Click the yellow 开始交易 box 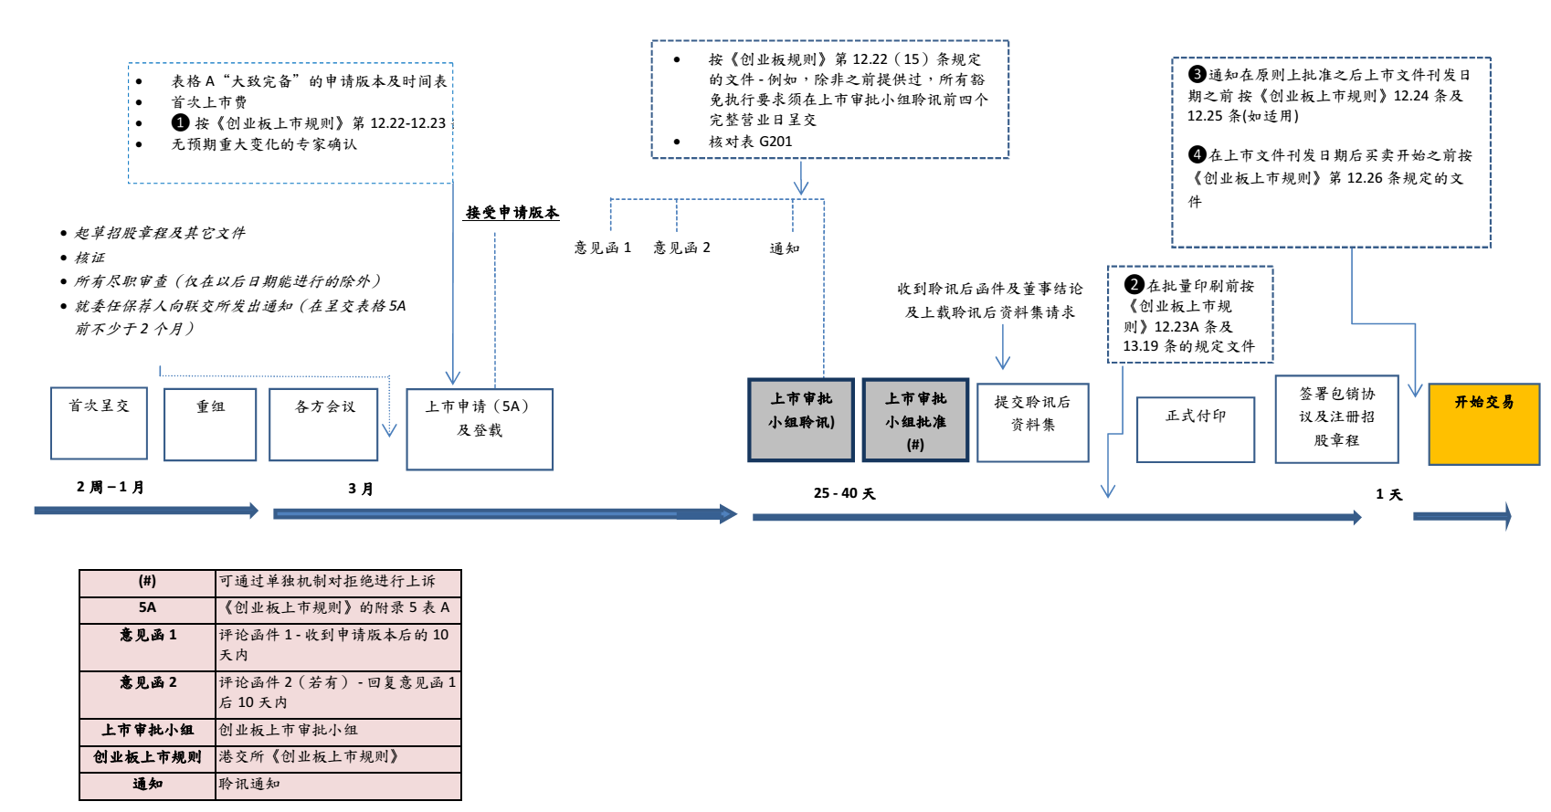[x=1483, y=424]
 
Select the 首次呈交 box [x=99, y=423]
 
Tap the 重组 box [x=210, y=425]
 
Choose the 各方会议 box [x=323, y=425]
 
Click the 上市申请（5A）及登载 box [x=480, y=429]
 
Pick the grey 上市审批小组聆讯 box [x=801, y=420]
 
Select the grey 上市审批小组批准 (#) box [x=915, y=420]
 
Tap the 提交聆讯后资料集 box [x=1032, y=423]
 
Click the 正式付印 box [x=1196, y=429]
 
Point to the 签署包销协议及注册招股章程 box [x=1336, y=419]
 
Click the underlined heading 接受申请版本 [x=512, y=213]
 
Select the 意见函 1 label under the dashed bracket [x=602, y=248]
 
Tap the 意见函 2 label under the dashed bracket [x=681, y=248]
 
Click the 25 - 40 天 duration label [x=844, y=493]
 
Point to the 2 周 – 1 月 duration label [x=111, y=487]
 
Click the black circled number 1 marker [x=181, y=122]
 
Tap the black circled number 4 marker [x=1197, y=154]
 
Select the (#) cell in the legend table [x=147, y=582]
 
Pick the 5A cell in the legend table [x=147, y=608]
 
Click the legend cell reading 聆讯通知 [x=249, y=785]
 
